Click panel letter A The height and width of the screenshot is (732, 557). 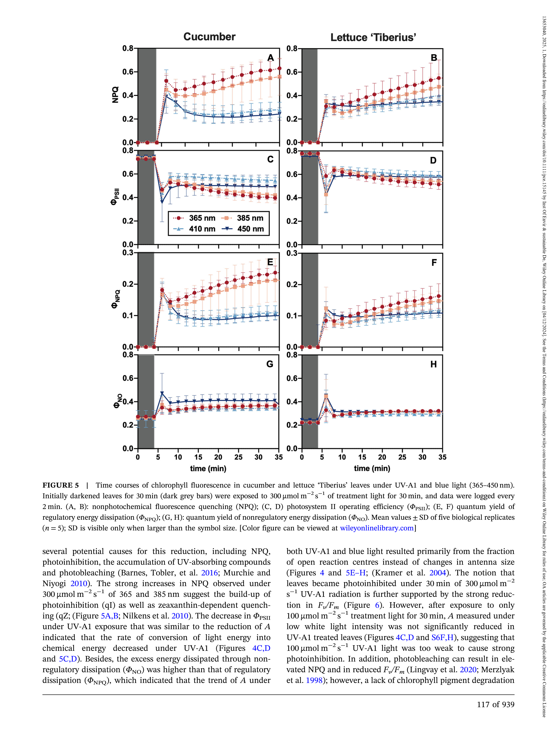[x=271, y=58]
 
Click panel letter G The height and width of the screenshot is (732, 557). [x=270, y=364]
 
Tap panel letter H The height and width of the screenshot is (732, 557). [x=433, y=364]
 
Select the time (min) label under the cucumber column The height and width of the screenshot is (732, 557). [x=208, y=469]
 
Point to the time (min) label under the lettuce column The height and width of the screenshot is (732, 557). [x=372, y=469]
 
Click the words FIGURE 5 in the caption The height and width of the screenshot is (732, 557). [x=61, y=485]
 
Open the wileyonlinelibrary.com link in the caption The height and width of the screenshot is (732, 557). [x=377, y=528]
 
